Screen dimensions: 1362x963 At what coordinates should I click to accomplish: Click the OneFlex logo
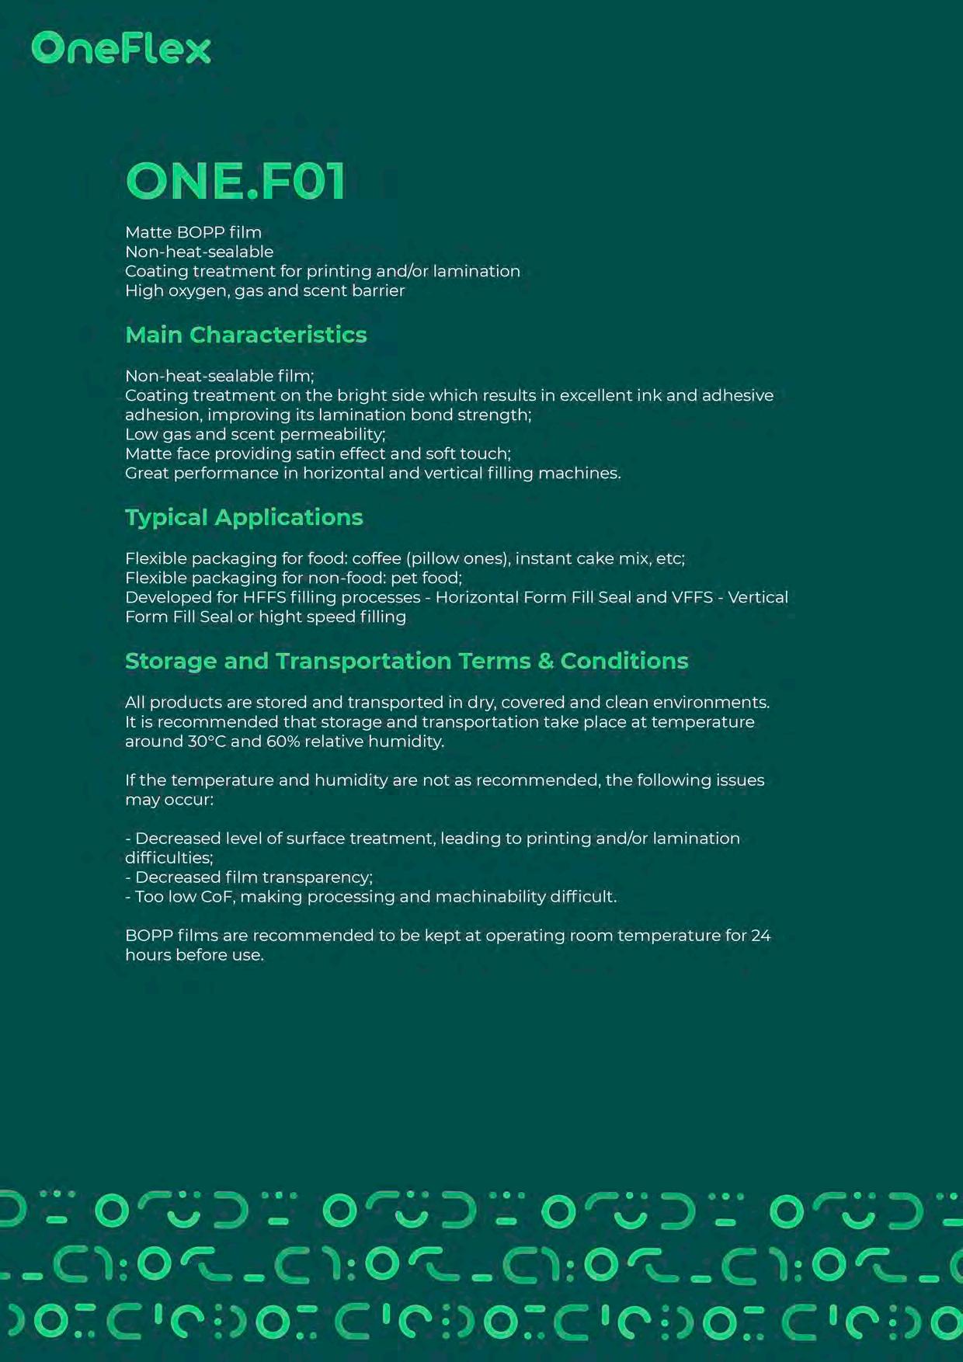coord(121,48)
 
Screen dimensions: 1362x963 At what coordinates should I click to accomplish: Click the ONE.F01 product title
coord(235,181)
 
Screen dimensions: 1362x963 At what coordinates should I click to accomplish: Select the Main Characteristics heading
coord(245,335)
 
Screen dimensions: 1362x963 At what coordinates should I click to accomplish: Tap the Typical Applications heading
coord(244,517)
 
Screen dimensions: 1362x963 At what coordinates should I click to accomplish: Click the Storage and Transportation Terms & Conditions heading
coord(406,661)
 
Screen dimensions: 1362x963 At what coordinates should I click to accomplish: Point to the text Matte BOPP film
coord(193,232)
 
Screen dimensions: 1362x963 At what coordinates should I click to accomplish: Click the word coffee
coord(377,558)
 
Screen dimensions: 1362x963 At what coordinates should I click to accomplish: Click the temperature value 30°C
coord(206,742)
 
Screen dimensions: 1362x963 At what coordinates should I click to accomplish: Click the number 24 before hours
coord(760,936)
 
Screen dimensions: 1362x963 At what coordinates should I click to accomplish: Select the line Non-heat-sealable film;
coord(220,376)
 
